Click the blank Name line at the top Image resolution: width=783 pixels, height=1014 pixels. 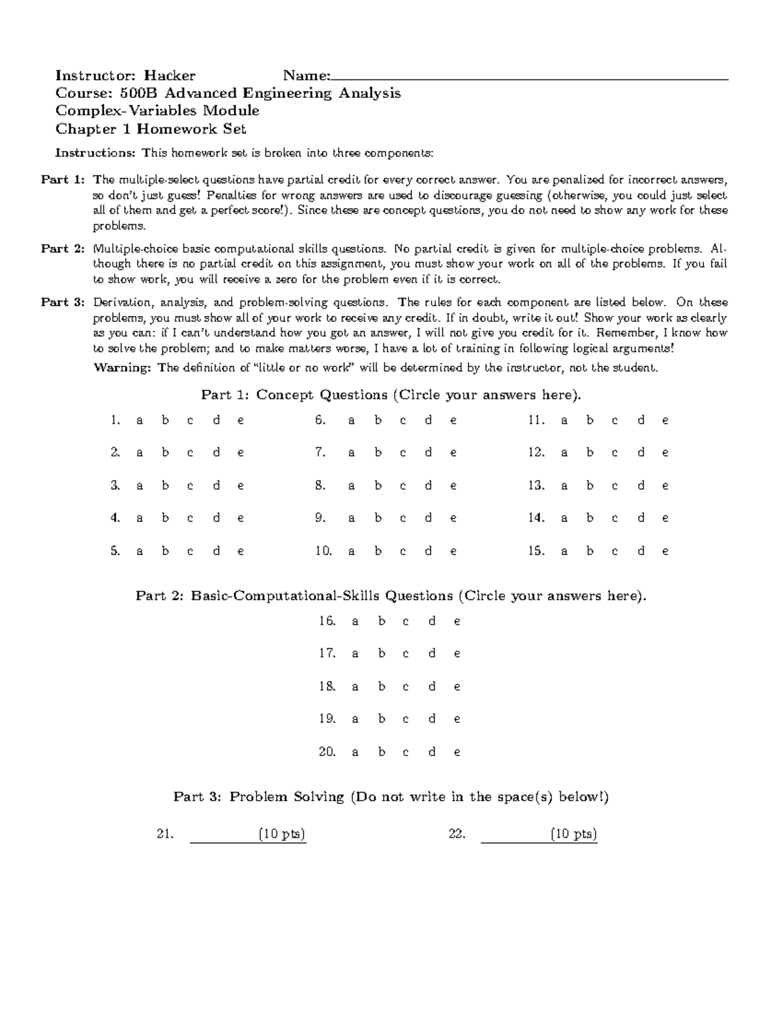tap(529, 77)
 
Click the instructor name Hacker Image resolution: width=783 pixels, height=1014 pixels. tap(170, 75)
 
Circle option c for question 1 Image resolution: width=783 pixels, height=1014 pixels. tap(190, 421)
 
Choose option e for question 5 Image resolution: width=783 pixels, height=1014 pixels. tap(241, 552)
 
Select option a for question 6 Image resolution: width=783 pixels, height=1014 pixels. tap(352, 421)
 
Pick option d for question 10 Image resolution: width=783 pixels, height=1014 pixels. tap(428, 551)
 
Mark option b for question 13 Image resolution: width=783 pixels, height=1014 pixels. tap(590, 486)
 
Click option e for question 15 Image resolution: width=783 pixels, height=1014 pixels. tap(665, 552)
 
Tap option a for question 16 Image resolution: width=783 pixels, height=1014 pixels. tap(355, 622)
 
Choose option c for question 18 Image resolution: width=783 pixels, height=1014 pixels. tap(406, 687)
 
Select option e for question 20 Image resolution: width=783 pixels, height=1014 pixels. tap(457, 752)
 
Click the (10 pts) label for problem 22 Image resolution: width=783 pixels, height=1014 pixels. tap(574, 834)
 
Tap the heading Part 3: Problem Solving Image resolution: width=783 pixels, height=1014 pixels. tap(391, 797)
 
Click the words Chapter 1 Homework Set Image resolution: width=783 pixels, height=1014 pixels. tap(151, 129)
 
